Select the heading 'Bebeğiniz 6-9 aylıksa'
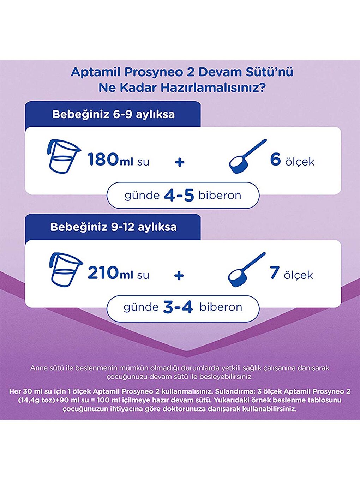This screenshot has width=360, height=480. (113, 114)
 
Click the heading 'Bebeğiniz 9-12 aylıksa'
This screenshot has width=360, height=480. (113, 227)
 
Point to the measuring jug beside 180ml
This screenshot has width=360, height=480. (62, 157)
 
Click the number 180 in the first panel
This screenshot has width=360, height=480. (103, 159)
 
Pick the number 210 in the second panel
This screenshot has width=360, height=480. (103, 272)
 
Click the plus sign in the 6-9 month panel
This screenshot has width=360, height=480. (180, 162)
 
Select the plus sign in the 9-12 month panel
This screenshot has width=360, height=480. (179, 275)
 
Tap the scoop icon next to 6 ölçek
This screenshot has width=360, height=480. (246, 157)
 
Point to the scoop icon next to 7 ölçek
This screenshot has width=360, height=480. (246, 269)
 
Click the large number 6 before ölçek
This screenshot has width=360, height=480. (275, 159)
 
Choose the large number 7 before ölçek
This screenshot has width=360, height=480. (275, 272)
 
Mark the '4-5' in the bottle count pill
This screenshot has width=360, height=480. (179, 196)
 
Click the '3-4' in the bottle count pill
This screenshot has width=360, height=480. (178, 307)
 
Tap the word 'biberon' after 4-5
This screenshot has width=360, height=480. (220, 196)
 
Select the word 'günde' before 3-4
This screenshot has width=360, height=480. (141, 307)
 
